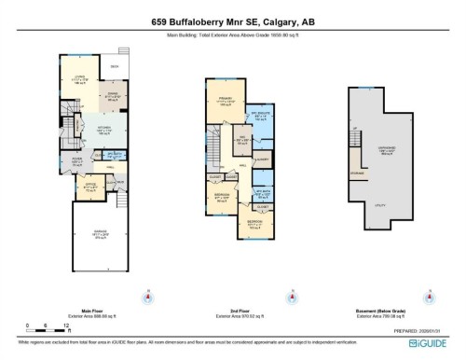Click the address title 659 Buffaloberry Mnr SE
(232, 20)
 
